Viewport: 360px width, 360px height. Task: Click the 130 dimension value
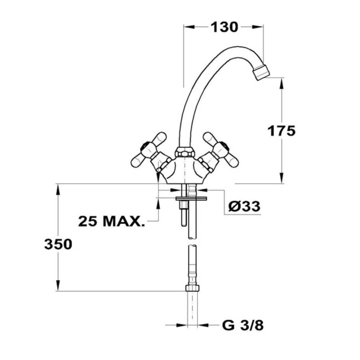224,27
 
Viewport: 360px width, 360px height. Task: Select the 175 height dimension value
282,131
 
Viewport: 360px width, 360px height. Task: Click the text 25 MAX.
112,221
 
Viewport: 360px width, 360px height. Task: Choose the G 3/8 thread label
243,325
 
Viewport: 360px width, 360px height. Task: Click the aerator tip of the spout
261,72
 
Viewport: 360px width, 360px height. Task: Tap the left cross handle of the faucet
149,150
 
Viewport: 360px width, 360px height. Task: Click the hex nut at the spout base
185,152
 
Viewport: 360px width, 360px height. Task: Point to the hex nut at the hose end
192,288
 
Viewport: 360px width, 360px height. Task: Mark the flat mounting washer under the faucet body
191,198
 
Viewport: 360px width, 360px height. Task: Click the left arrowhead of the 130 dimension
189,27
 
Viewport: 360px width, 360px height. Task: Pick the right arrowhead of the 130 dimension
258,27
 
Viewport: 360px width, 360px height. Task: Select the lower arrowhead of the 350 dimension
58,285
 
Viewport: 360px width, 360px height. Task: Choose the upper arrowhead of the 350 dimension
58,190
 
